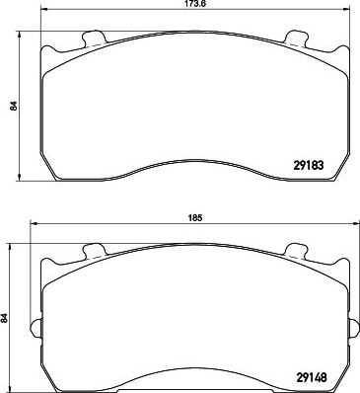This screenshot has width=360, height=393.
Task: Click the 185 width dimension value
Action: (195, 217)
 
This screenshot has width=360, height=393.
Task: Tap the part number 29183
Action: (308, 165)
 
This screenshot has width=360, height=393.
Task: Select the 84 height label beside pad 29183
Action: (14, 106)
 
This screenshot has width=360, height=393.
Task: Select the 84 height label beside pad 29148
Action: (4, 318)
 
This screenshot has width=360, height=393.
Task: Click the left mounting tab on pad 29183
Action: (94, 38)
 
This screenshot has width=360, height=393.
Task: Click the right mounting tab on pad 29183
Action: (295, 38)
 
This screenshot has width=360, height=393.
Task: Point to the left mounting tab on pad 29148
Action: (94, 251)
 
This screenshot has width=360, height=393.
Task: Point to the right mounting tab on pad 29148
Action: (295, 251)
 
